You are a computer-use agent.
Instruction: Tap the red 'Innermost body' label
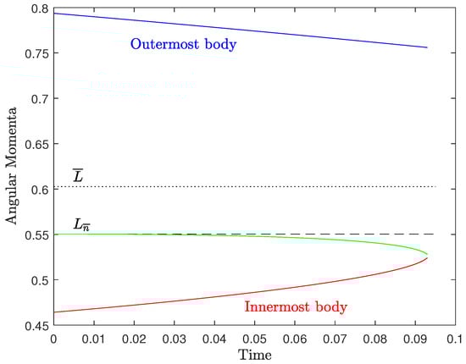pyautogui.click(x=296, y=306)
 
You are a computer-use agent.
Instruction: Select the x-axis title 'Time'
pyautogui.click(x=254, y=355)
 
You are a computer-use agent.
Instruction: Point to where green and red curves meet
pyautogui.click(x=427, y=256)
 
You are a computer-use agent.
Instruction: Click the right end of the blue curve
pyautogui.click(x=427, y=48)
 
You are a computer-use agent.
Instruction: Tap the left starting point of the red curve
pyautogui.click(x=54, y=312)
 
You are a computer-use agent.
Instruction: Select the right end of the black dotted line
pyautogui.click(x=435, y=186)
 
